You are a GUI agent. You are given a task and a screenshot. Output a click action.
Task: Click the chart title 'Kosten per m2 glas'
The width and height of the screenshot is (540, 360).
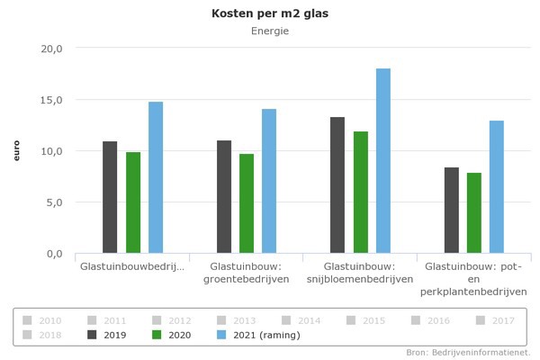click(269, 13)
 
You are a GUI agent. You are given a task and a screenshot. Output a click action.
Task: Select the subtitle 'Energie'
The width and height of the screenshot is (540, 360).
click(269, 31)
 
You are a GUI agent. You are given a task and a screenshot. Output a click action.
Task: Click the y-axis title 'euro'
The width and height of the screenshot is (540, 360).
click(16, 150)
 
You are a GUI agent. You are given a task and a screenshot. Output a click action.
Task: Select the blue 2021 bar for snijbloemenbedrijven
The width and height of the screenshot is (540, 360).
click(383, 160)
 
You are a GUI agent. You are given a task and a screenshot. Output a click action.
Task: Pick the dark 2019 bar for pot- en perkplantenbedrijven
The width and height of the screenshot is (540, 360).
click(451, 210)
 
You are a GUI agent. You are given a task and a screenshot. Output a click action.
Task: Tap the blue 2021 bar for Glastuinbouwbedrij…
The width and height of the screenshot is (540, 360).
click(156, 177)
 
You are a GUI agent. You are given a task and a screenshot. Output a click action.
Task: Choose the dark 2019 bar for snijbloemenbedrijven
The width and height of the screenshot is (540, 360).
click(337, 184)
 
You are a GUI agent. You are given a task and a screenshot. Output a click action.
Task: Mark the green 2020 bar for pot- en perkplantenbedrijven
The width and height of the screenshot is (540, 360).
click(474, 212)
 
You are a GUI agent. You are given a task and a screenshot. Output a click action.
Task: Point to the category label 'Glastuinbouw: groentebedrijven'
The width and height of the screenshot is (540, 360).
click(247, 273)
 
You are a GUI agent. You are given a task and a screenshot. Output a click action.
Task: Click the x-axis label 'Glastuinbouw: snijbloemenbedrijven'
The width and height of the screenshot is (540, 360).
click(360, 273)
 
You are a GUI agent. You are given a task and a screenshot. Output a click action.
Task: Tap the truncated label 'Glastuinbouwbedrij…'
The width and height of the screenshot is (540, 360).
click(132, 267)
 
